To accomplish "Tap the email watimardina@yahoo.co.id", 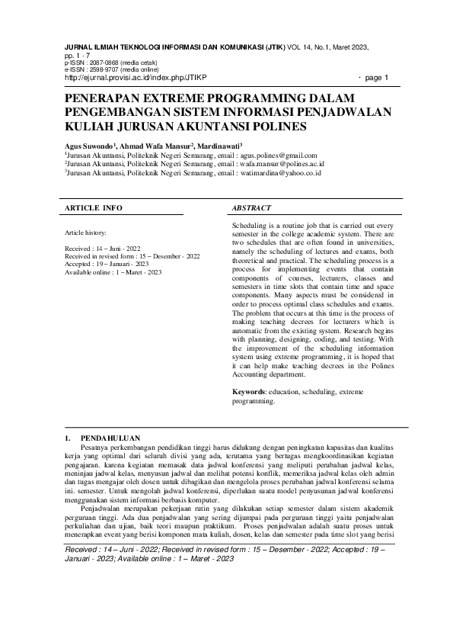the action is [x=280, y=173].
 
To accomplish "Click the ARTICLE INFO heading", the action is [x=93, y=207].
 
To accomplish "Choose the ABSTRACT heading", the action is [x=251, y=207].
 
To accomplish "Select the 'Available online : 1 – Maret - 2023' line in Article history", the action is [x=114, y=272].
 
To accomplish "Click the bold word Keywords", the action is [x=250, y=391].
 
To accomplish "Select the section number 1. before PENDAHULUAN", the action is [x=68, y=438].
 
